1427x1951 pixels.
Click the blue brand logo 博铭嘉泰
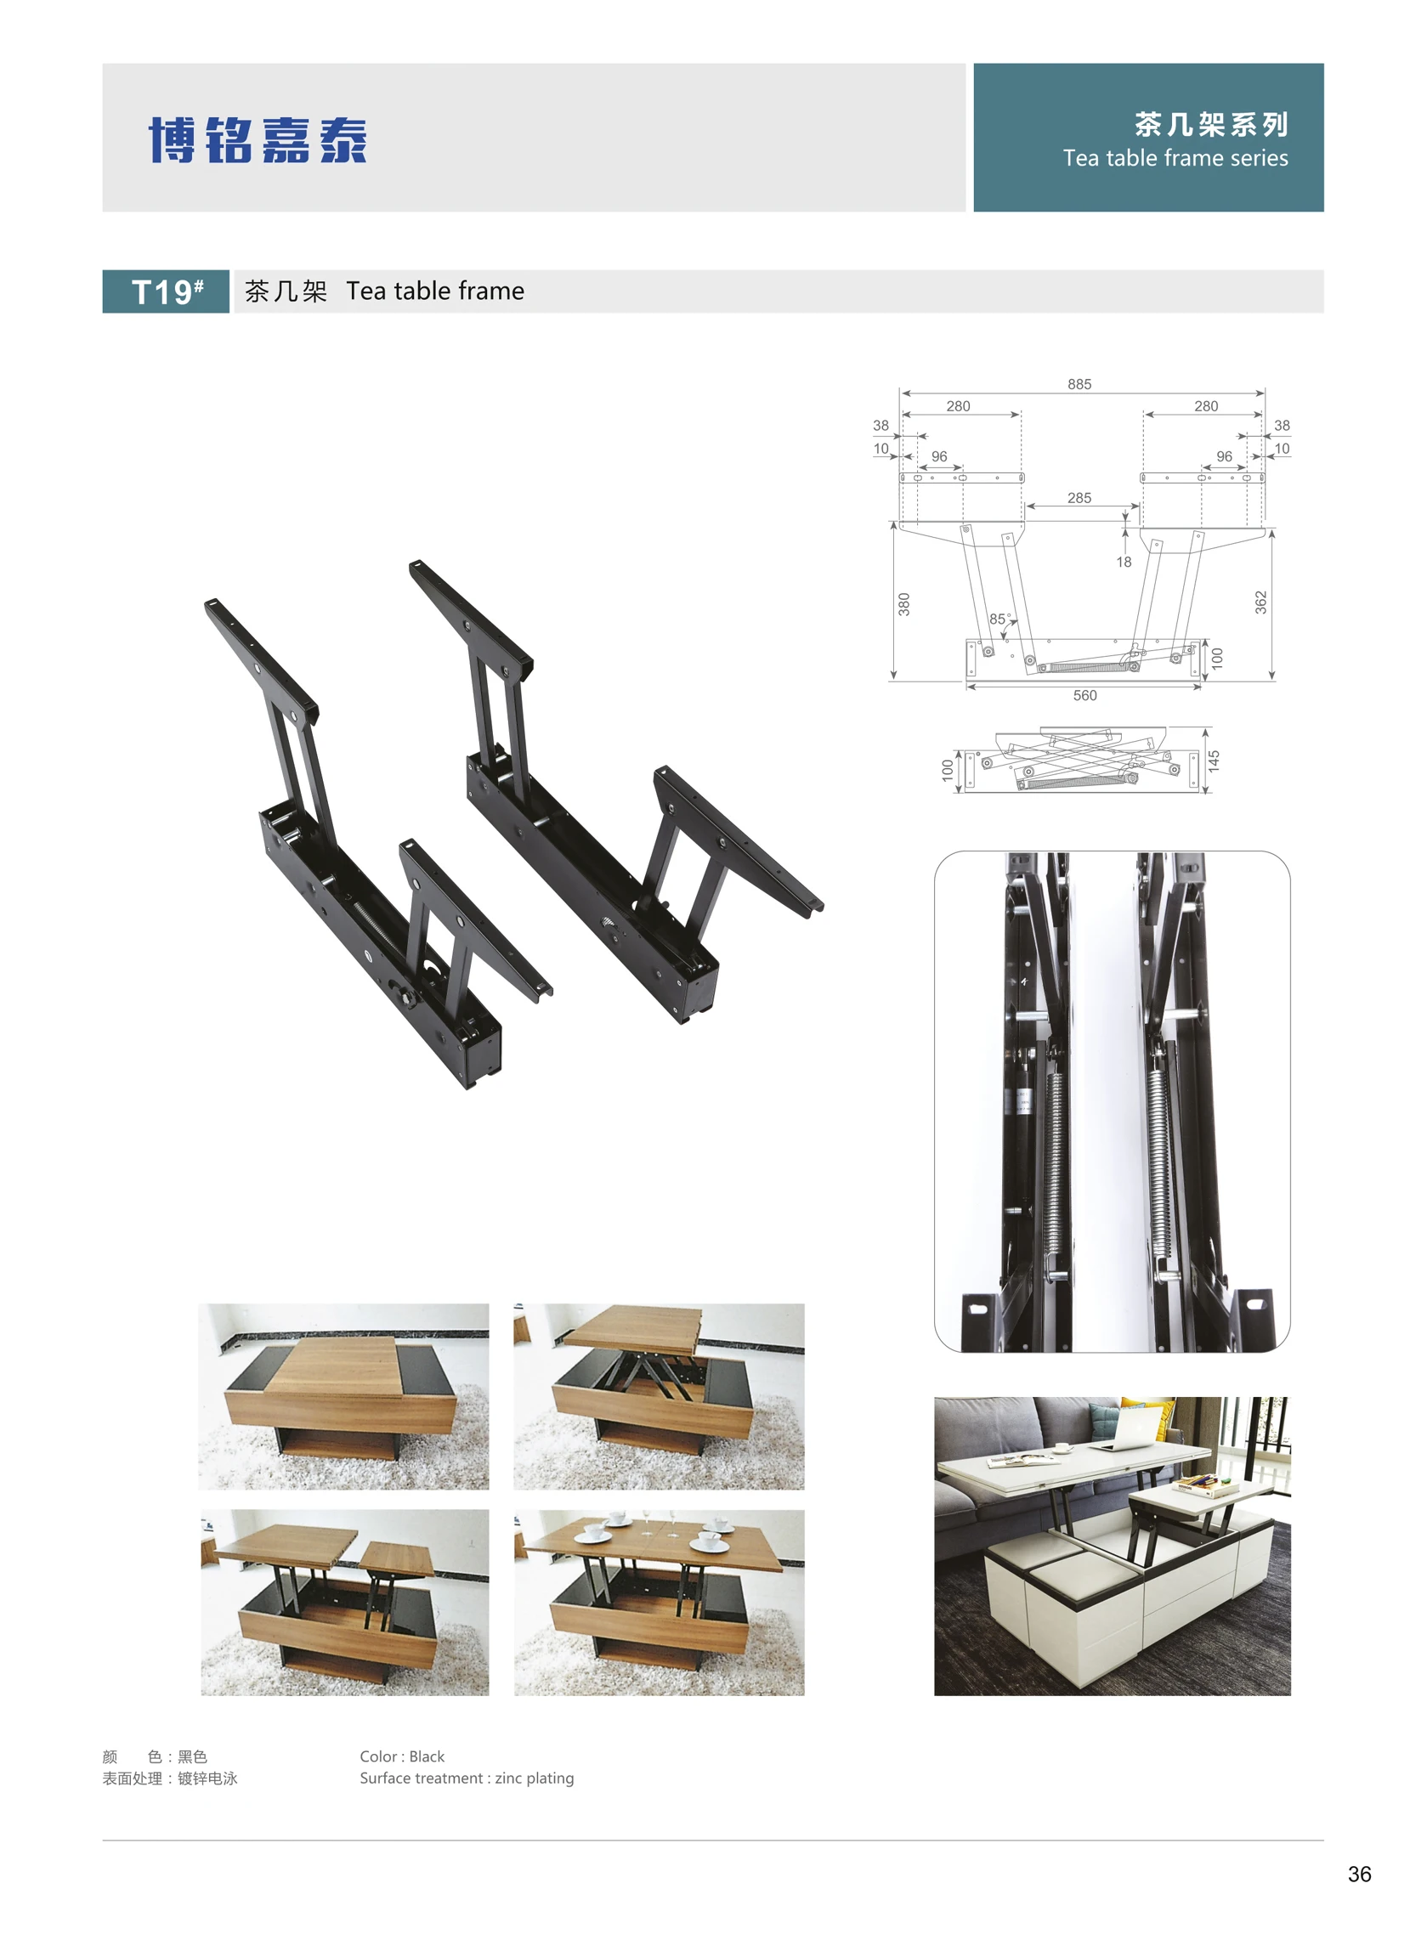click(258, 140)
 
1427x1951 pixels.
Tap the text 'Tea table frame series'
click(1175, 158)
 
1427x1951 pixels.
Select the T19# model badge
click(166, 292)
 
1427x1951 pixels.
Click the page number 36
click(1359, 1874)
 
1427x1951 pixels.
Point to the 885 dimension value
click(1079, 384)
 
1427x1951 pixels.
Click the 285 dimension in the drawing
click(1079, 498)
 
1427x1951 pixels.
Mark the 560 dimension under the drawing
click(1085, 695)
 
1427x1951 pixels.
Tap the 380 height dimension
click(903, 604)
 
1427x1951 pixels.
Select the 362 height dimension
click(1260, 602)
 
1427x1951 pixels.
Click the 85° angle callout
click(999, 619)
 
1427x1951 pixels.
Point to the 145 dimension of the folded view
click(1214, 761)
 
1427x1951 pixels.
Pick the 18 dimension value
click(1123, 563)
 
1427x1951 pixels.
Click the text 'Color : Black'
click(402, 1756)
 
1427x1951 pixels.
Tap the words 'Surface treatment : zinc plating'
click(467, 1778)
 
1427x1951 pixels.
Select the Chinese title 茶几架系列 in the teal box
click(1211, 125)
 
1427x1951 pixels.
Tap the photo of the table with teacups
click(659, 1602)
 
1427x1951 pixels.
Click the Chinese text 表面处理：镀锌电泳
click(170, 1779)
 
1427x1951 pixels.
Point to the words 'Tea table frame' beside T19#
click(435, 291)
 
